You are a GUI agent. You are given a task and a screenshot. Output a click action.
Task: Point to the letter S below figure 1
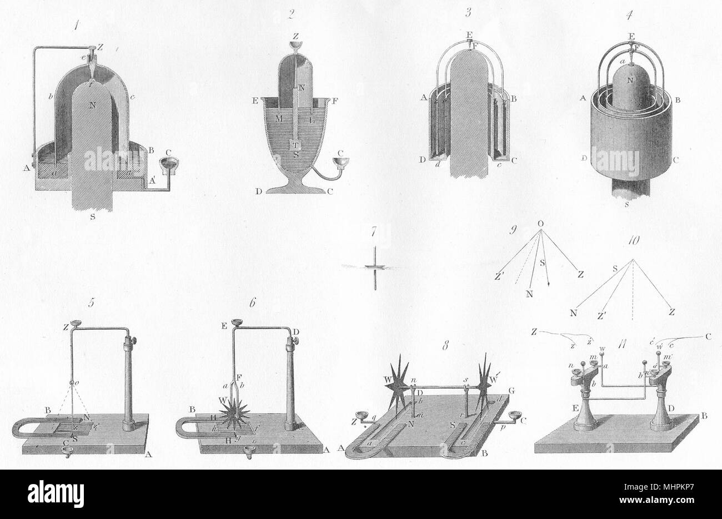pyautogui.click(x=92, y=217)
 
